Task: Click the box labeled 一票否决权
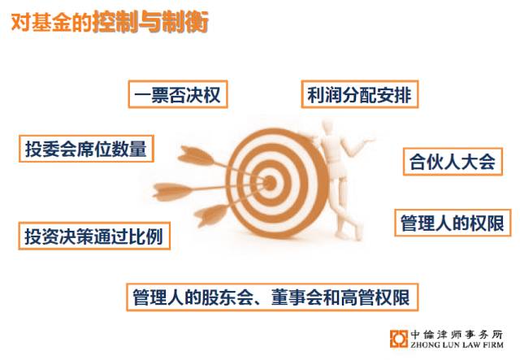click(178, 94)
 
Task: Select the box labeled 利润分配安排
click(360, 94)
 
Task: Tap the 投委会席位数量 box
click(86, 149)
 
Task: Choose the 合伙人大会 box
click(453, 162)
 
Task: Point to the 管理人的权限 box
click(453, 223)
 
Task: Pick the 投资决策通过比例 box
click(94, 236)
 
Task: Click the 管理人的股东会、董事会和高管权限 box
click(272, 297)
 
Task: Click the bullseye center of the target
click(270, 183)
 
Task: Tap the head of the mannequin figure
click(327, 126)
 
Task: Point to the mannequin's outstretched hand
click(369, 141)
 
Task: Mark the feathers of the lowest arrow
click(211, 215)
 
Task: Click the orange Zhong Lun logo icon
click(399, 339)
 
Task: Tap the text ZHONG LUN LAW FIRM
click(457, 345)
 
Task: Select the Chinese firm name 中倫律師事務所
click(457, 334)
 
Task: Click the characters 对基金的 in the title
click(51, 23)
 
